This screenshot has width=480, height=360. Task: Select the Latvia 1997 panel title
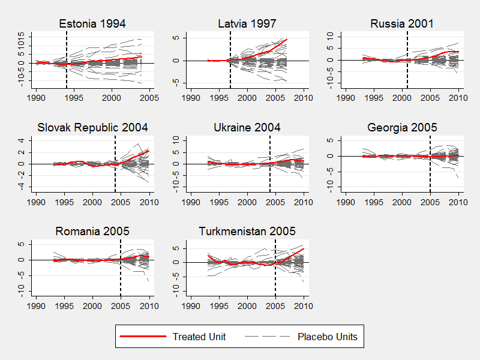pos(247,24)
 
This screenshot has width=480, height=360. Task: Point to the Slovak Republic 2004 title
pos(92,127)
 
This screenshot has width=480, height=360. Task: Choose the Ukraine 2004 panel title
pos(247,127)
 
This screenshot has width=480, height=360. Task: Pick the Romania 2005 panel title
pos(92,231)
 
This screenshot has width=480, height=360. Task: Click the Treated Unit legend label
pos(199,337)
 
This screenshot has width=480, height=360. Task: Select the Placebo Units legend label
pos(327,337)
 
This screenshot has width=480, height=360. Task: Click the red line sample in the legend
pos(143,337)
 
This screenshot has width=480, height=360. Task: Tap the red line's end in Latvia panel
pos(287,40)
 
